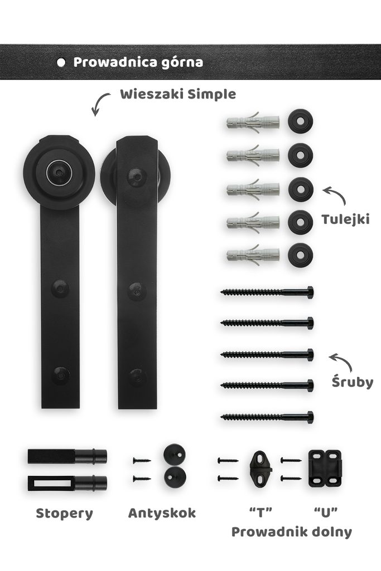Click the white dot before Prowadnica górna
(61, 62)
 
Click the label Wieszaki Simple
(178, 94)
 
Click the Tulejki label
(345, 219)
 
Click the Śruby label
(353, 382)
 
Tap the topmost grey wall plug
(253, 122)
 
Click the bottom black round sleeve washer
(301, 255)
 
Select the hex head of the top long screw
(310, 292)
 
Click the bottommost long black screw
(267, 417)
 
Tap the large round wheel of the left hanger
(59, 172)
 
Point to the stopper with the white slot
(67, 483)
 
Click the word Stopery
(65, 514)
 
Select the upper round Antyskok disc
(174, 455)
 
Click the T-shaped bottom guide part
(261, 469)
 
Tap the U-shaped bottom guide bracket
(325, 468)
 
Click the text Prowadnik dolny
(292, 532)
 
